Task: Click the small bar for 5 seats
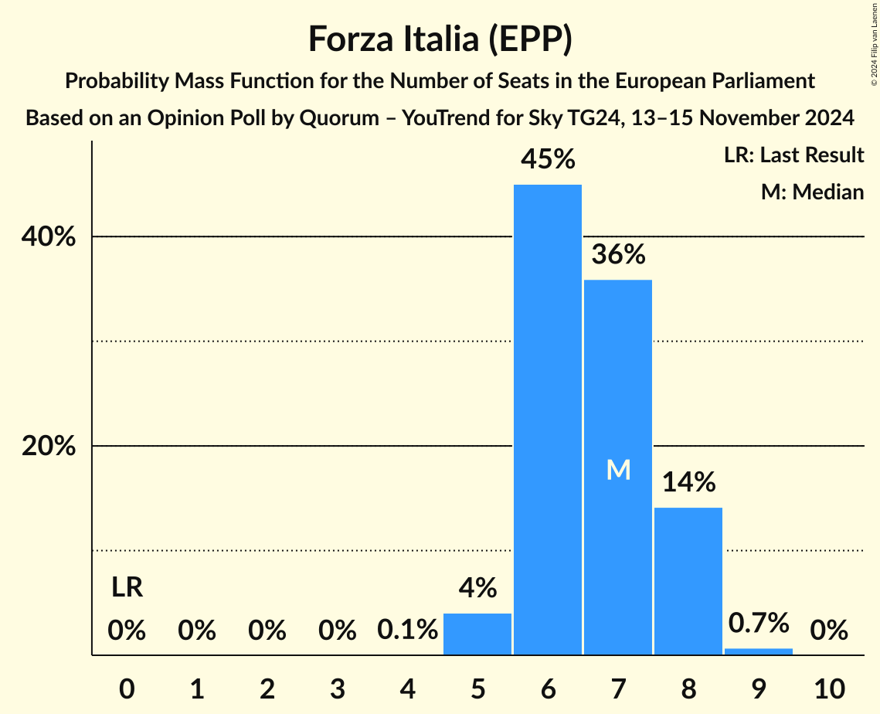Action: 477,634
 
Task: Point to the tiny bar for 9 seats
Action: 759,651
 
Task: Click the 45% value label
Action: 548,160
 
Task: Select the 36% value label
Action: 618,254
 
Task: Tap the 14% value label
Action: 688,483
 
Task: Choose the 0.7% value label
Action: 759,623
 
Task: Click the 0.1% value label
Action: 407,631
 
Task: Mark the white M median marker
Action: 618,470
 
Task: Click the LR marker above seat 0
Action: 127,588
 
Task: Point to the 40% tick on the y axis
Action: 48,237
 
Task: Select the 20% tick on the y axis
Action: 48,447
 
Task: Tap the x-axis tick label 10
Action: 829,687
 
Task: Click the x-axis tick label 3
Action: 337,687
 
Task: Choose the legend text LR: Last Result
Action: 793,155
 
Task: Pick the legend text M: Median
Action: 812,192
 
